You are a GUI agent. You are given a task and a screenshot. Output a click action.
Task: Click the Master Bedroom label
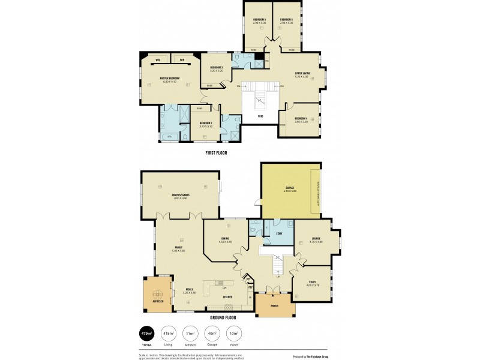pos(170,78)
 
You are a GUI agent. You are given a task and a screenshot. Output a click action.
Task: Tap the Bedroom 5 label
pos(259,20)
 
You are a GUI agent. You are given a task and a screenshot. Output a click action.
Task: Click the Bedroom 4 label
pos(301,118)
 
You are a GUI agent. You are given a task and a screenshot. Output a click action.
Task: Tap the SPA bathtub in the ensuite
pos(170,137)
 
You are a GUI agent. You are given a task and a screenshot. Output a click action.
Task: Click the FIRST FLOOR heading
pos(216,153)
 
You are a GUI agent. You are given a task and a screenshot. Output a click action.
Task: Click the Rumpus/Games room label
pos(180,195)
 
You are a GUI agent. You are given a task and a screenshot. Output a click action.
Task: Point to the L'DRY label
pos(278,233)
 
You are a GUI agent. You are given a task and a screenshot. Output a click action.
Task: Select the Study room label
pos(309,283)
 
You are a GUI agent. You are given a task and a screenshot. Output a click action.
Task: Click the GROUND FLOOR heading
pos(223,317)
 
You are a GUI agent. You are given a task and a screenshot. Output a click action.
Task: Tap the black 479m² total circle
pos(146,332)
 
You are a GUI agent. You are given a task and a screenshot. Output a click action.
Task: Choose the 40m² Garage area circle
pos(212,332)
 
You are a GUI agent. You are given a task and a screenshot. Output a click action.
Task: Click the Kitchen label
pos(227,296)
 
